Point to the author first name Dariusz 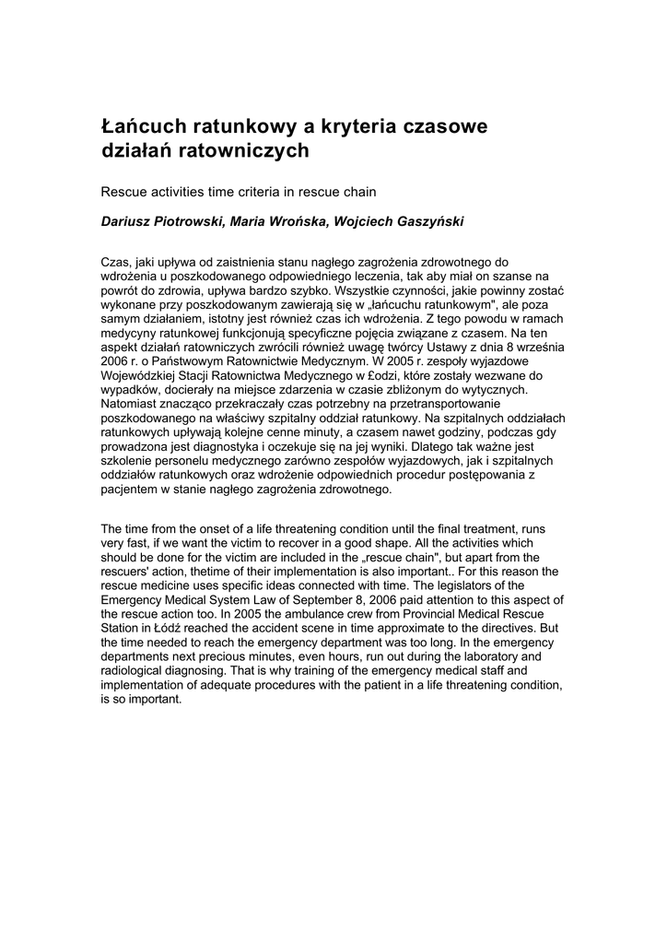(128, 221)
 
